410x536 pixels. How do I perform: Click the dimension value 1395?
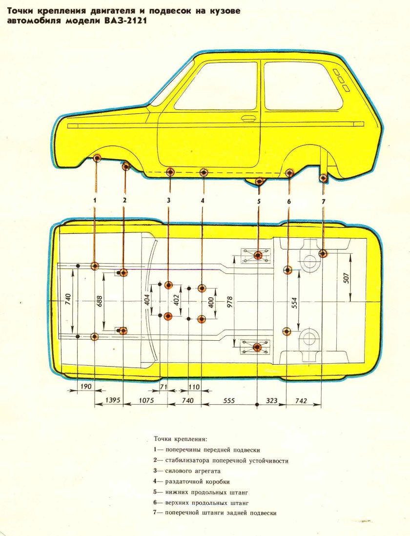(113, 400)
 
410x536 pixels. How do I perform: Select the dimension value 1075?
(146, 400)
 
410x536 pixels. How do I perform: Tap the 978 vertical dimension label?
(229, 303)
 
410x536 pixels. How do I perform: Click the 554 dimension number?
(294, 303)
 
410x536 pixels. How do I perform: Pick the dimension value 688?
(100, 302)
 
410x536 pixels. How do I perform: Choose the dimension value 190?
(86, 386)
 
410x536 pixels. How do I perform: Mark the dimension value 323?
(271, 400)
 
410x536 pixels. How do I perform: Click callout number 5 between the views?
(259, 201)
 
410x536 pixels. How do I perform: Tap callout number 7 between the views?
(323, 201)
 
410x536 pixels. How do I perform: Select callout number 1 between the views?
(96, 200)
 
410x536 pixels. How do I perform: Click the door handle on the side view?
(249, 119)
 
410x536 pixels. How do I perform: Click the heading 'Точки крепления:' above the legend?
(181, 438)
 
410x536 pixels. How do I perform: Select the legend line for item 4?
(192, 482)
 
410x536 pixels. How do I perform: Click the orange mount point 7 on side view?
(323, 178)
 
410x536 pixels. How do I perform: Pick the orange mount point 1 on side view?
(97, 158)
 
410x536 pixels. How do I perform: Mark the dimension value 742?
(301, 400)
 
